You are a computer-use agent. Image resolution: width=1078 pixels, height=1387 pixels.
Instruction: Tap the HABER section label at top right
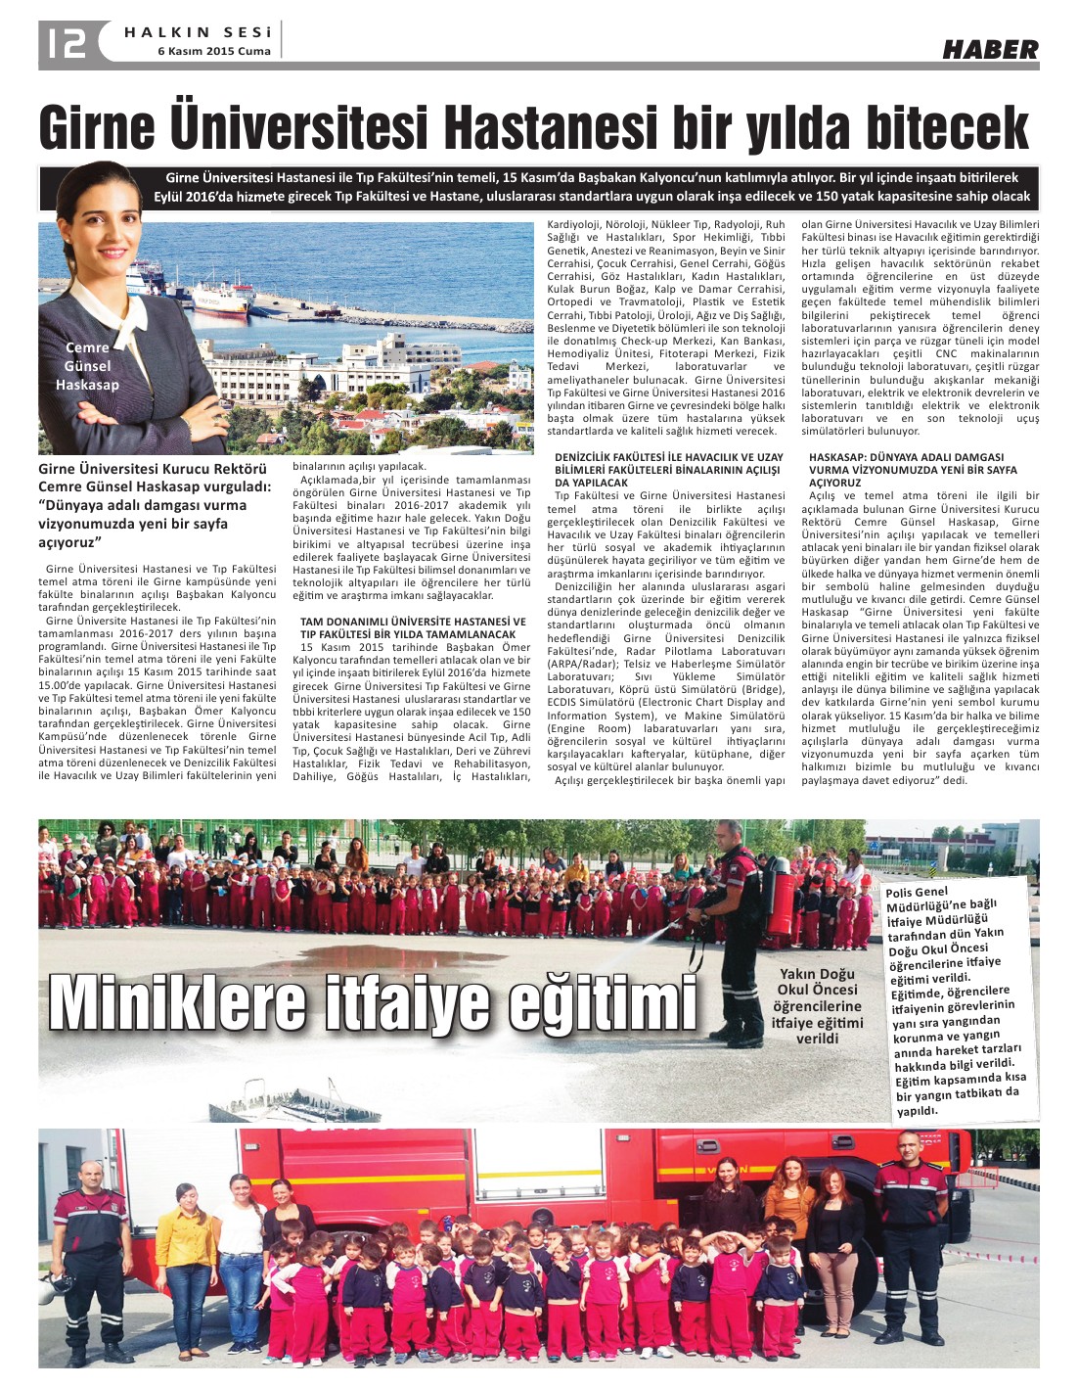[x=990, y=49]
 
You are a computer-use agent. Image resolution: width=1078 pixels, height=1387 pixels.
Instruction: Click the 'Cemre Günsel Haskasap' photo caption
[x=87, y=366]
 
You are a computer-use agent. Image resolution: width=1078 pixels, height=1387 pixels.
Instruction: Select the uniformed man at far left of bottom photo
[x=91, y=1263]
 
